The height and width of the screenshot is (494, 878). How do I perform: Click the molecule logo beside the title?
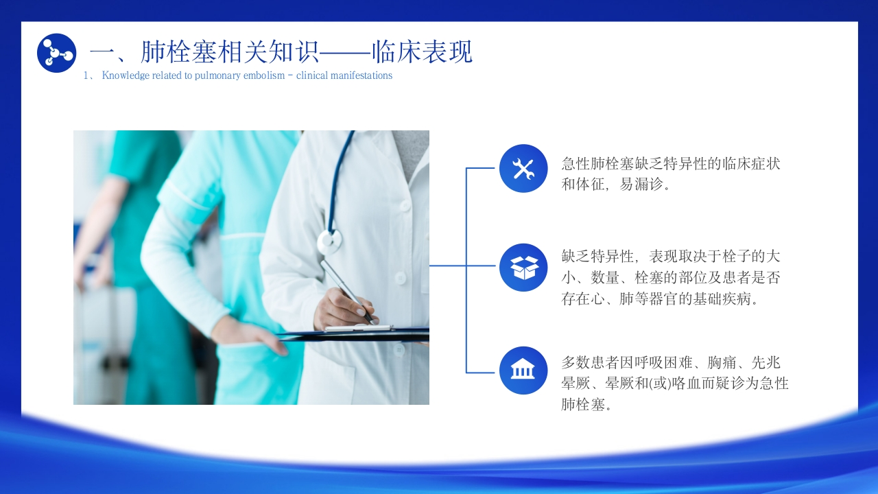(x=56, y=53)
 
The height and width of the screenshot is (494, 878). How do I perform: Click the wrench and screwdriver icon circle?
(x=523, y=169)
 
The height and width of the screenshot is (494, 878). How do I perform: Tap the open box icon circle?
(x=523, y=268)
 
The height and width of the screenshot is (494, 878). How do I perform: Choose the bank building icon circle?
(x=523, y=370)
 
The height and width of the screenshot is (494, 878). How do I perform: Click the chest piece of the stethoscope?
(x=329, y=242)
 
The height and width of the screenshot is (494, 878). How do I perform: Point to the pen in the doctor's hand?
(x=347, y=292)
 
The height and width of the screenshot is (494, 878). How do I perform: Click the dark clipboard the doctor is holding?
(x=353, y=334)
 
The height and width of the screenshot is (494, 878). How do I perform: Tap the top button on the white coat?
(x=404, y=205)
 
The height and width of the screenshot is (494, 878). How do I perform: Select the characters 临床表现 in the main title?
(x=422, y=51)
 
